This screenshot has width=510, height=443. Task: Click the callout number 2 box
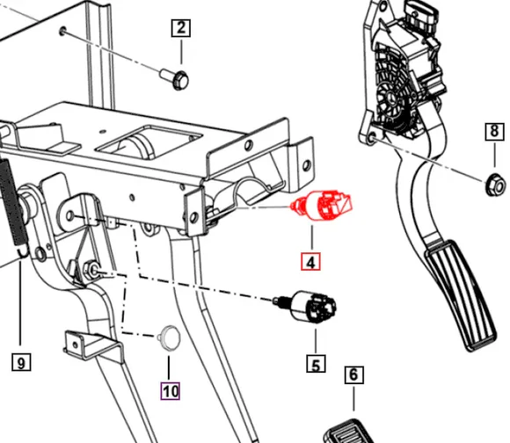tap(181, 28)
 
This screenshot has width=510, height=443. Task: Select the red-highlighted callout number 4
tap(310, 261)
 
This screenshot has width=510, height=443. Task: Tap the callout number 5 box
tap(314, 362)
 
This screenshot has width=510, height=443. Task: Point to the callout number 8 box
tap(495, 133)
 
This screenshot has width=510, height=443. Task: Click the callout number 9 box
tap(21, 360)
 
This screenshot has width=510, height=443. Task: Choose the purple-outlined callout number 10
tap(169, 389)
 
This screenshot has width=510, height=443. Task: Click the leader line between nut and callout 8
tap(495, 158)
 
